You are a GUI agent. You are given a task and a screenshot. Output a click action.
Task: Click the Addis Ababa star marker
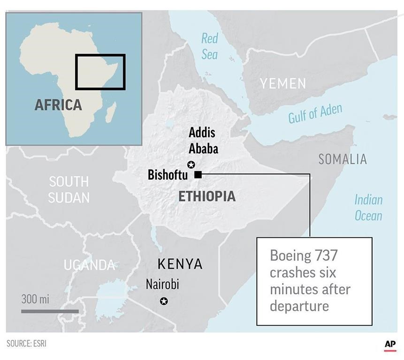pyautogui.click(x=191, y=164)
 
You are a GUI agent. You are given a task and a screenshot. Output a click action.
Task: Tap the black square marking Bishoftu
pyautogui.click(x=198, y=175)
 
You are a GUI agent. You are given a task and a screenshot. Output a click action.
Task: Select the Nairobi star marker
pyautogui.click(x=163, y=301)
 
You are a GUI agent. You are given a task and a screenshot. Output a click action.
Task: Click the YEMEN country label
pyautogui.click(x=283, y=83)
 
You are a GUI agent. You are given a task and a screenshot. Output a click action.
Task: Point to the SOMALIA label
pyautogui.click(x=342, y=159)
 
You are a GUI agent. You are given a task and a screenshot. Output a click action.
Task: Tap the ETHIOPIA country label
pyautogui.click(x=207, y=196)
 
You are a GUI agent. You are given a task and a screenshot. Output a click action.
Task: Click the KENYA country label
pyautogui.click(x=180, y=264)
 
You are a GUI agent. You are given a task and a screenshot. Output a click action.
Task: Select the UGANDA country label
pyautogui.click(x=89, y=265)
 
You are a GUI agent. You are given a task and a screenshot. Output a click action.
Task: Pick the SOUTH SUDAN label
pyautogui.click(x=69, y=189)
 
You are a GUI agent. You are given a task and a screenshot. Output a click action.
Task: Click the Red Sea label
pyautogui.click(x=210, y=46)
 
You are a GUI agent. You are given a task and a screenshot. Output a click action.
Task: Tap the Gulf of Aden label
pyautogui.click(x=315, y=114)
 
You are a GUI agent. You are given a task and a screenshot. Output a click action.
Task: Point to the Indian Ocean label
pyautogui.click(x=368, y=208)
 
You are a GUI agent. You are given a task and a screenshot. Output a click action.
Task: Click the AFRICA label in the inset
pyautogui.click(x=58, y=105)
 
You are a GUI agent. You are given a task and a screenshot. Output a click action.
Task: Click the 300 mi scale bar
pyautogui.click(x=50, y=310)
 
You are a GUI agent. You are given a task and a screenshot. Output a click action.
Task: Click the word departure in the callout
pyautogui.click(x=298, y=306)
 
